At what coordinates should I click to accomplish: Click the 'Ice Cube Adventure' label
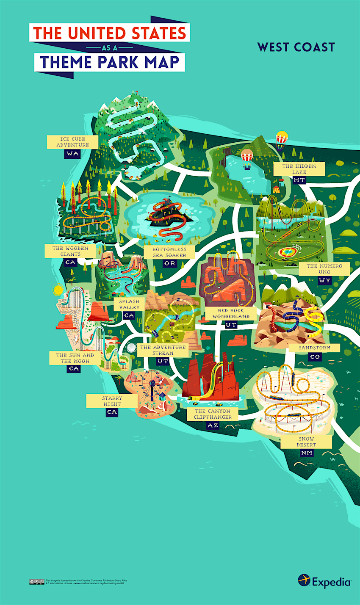coord(73,142)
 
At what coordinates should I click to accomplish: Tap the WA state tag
coord(72,154)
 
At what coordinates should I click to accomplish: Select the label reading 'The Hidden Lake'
coord(299,169)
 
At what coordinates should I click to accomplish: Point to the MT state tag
coord(299,180)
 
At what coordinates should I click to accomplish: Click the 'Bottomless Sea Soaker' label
coord(169,252)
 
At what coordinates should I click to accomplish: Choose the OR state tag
coord(170,263)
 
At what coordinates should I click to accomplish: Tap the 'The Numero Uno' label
coord(324,269)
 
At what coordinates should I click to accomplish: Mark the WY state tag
coord(324,280)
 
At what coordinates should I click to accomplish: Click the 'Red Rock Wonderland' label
coord(231,313)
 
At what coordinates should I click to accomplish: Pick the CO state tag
coord(315,357)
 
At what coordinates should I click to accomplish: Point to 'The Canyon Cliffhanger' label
coord(213,414)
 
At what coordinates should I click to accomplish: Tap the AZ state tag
coord(213,425)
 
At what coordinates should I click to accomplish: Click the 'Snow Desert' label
coord(307,442)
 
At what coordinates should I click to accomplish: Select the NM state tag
coord(307,453)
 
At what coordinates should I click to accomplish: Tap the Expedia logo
coord(324,581)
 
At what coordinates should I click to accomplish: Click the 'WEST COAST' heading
coord(296,47)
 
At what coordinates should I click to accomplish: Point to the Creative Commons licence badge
coord(36,582)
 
